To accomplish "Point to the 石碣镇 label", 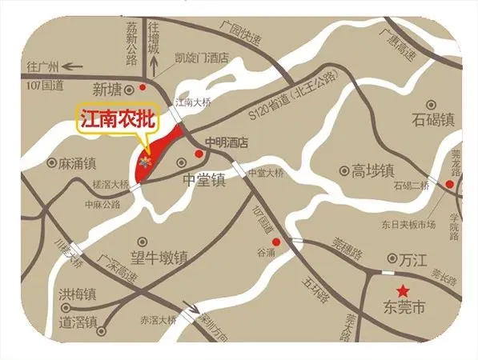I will pos(433,120).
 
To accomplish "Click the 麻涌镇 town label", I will pos(78,163).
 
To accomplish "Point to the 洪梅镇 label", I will pos(78,294).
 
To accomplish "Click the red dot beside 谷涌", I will pos(276,242).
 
